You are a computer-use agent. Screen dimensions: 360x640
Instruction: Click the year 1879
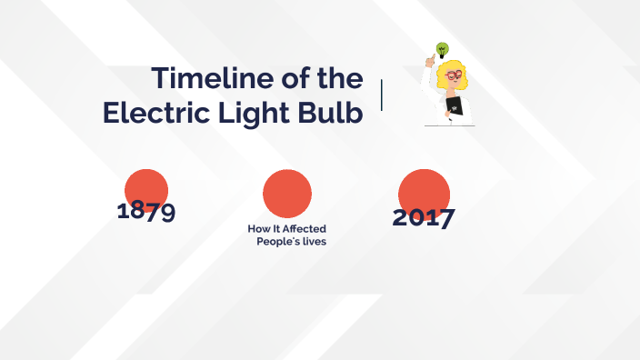coord(146,211)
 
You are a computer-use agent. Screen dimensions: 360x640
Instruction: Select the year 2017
coord(424,217)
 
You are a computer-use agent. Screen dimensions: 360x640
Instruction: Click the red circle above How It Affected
coord(287,193)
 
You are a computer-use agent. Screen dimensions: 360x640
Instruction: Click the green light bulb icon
coord(443,48)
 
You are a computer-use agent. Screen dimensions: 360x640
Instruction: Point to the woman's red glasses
coord(452,75)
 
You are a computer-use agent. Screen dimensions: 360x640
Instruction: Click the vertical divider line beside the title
coord(381,95)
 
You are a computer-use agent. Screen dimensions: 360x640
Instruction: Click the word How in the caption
coord(258,228)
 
